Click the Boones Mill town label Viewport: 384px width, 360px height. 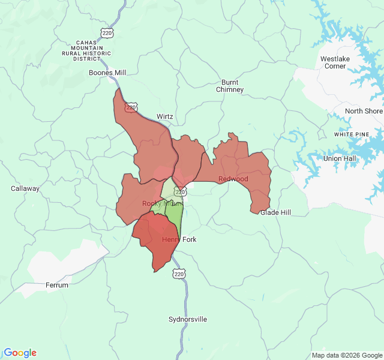click(107, 73)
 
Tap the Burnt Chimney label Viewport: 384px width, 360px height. click(230, 86)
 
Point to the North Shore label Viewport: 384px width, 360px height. click(364, 112)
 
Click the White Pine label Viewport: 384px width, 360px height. click(352, 134)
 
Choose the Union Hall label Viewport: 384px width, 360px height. click(340, 158)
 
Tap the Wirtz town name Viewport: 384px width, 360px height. click(164, 116)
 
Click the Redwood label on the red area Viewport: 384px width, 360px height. click(233, 179)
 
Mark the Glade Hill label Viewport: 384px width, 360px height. click(275, 212)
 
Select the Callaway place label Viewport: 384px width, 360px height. click(25, 188)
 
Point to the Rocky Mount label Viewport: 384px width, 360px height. click(161, 203)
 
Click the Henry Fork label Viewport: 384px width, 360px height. click(179, 239)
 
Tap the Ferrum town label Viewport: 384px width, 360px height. click(57, 285)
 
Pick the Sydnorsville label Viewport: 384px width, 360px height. click(188, 319)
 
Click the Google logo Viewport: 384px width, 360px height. click(20, 353)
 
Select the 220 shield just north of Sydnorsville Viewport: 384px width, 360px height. click(179, 274)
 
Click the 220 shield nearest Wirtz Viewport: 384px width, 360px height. click(130, 107)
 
